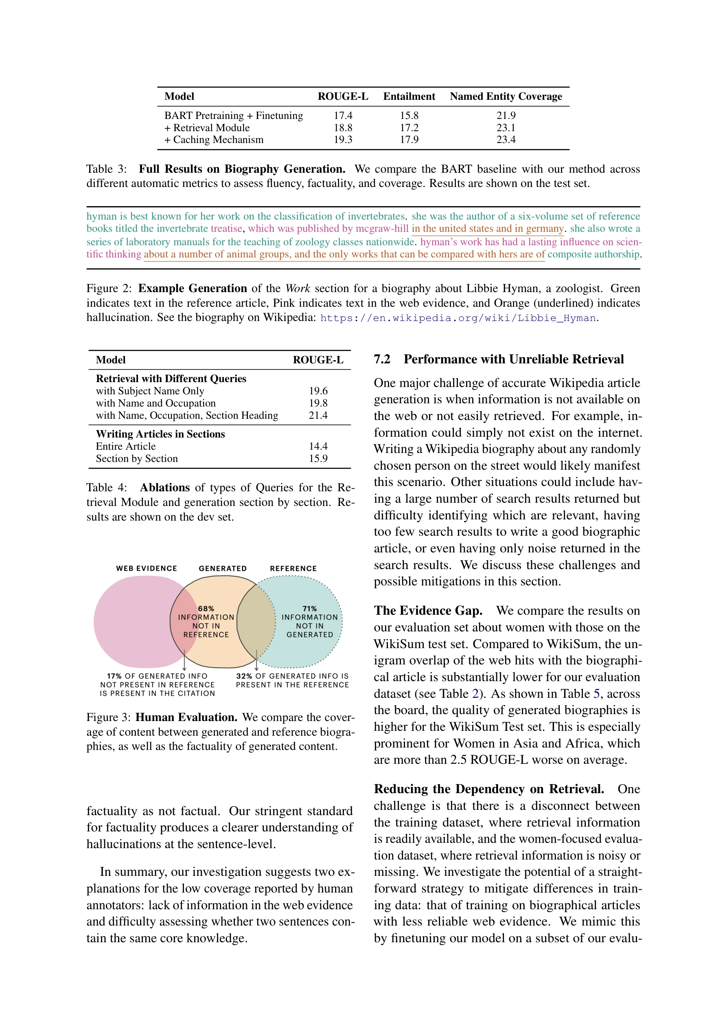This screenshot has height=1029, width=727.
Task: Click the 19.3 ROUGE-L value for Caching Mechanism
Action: point(343,140)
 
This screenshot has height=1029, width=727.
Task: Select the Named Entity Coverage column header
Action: point(506,97)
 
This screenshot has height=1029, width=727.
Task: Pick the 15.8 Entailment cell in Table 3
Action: point(409,116)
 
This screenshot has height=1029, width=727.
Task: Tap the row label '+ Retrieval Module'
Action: point(207,128)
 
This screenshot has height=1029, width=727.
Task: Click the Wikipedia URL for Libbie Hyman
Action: point(458,318)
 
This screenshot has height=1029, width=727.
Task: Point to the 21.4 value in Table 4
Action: point(318,416)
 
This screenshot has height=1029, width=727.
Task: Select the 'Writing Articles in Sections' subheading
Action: point(160,434)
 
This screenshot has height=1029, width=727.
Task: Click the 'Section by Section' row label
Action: point(137,458)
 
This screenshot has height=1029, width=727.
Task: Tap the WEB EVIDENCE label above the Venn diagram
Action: point(147,568)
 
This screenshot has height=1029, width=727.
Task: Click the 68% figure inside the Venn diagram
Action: point(206,609)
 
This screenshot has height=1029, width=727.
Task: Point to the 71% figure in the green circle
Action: point(309,609)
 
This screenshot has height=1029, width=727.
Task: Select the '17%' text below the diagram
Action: point(114,676)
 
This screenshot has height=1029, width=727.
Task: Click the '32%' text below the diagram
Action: point(244,676)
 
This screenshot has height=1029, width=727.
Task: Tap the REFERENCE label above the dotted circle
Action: point(293,568)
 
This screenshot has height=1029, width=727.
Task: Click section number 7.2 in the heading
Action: point(382,359)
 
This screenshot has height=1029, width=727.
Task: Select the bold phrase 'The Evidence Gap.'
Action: point(428,611)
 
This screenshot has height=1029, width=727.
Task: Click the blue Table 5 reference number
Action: point(596,694)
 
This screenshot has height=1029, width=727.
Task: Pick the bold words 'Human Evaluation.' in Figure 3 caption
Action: point(186,717)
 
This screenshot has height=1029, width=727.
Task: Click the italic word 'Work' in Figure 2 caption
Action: point(298,289)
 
